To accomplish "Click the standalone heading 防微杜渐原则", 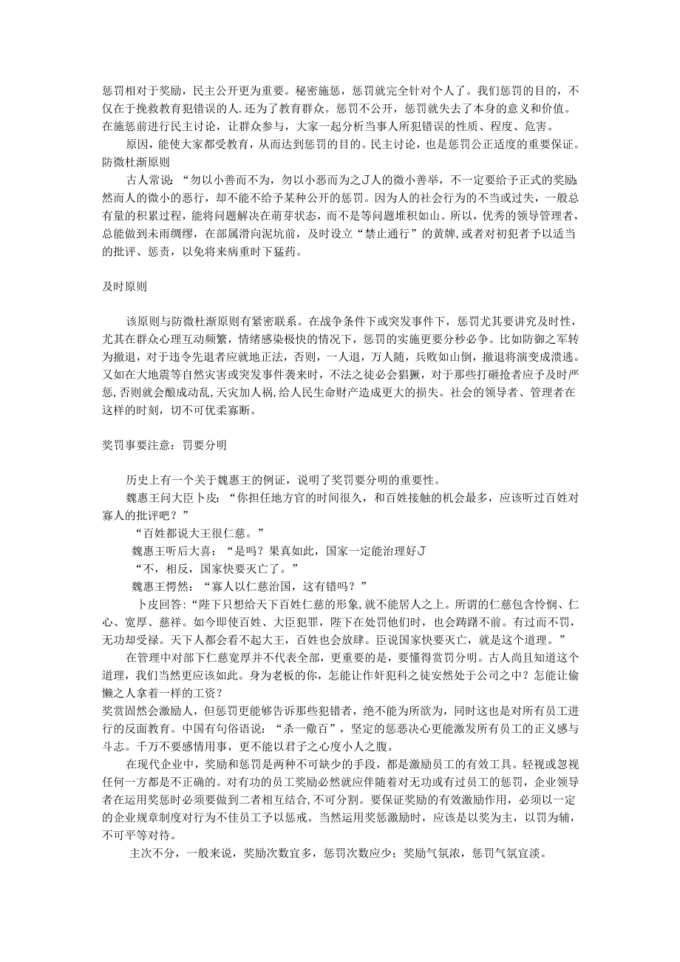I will click(136, 160).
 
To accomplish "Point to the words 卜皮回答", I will click(162, 603).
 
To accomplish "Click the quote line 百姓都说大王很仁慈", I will click(200, 532).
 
